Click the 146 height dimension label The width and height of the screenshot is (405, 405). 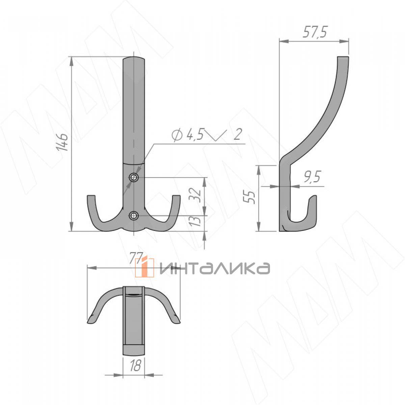point(62,142)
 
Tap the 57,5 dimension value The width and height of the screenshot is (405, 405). point(315,32)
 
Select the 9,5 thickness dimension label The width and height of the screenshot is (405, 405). point(312,177)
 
